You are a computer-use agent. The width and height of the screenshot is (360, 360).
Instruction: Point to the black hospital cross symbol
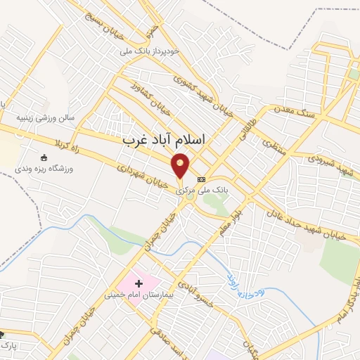coord(139,283)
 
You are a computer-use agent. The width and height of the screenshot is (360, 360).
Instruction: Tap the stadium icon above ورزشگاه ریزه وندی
coord(44,157)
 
